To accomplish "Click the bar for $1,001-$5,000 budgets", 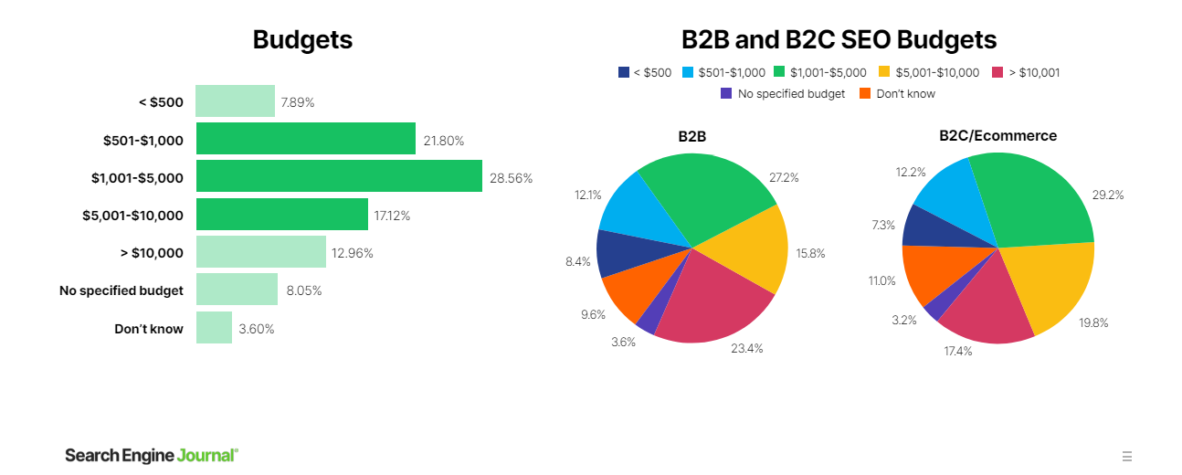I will click(x=339, y=176).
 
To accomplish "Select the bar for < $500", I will click(x=235, y=101).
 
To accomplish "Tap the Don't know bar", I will click(x=214, y=328).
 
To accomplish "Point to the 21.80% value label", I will click(x=444, y=141).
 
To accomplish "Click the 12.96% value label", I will click(x=353, y=253).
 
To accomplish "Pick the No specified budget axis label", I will click(x=121, y=290).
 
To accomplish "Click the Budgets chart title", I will click(x=302, y=40).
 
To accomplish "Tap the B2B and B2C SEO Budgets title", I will click(x=839, y=40).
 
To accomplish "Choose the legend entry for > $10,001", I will click(x=1026, y=72).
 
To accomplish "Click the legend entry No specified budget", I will click(x=783, y=93).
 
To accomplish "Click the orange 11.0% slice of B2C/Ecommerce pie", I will click(x=932, y=269).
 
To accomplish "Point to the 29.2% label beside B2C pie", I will click(x=1108, y=195).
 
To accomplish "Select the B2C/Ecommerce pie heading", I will click(x=997, y=135).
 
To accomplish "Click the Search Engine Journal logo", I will click(x=152, y=455).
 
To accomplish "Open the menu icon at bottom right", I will click(x=1127, y=456).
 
